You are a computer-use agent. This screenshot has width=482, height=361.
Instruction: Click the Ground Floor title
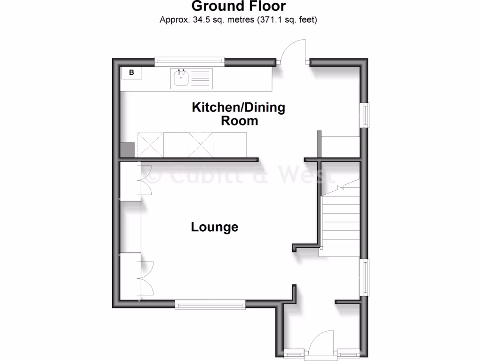coord(239,7)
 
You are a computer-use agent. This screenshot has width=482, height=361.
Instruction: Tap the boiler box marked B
coord(132,73)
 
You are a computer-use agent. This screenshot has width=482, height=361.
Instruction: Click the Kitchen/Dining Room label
coord(239,114)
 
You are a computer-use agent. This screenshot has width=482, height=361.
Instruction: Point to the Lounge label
coord(215,228)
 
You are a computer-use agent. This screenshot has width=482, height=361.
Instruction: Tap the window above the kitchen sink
coord(189,60)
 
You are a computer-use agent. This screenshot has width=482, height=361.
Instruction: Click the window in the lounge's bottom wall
coord(210,305)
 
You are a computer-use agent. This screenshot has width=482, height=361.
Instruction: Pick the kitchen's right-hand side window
coord(365,115)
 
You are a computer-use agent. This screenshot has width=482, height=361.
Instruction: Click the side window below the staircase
coord(365,277)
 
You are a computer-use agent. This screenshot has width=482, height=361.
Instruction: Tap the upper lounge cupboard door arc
coord(145,181)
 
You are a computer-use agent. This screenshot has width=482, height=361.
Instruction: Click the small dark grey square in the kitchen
coord(127,150)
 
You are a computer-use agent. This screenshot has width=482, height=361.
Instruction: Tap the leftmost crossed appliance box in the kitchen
coord(150,145)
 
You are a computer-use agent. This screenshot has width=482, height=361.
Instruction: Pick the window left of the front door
coord(295,352)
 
